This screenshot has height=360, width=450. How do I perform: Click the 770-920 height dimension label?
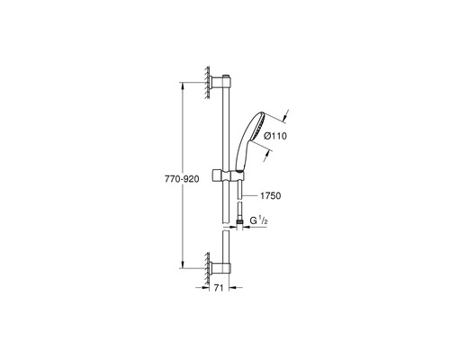click(x=182, y=179)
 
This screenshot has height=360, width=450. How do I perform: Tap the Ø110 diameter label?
click(x=275, y=136)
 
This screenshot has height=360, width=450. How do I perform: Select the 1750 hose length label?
click(x=270, y=196)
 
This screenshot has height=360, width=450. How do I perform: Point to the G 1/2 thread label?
click(x=259, y=220)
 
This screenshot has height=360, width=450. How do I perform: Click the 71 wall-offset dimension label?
click(x=219, y=288)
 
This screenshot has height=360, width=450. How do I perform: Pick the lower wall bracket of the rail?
click(x=220, y=268)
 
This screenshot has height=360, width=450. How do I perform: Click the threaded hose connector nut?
click(x=239, y=222)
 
